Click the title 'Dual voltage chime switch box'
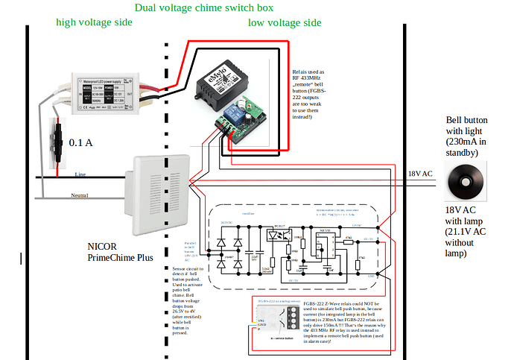203,8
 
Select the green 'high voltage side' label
94,22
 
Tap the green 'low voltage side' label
285,23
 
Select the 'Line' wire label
80,174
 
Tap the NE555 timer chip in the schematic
326,246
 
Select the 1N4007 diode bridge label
229,257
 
